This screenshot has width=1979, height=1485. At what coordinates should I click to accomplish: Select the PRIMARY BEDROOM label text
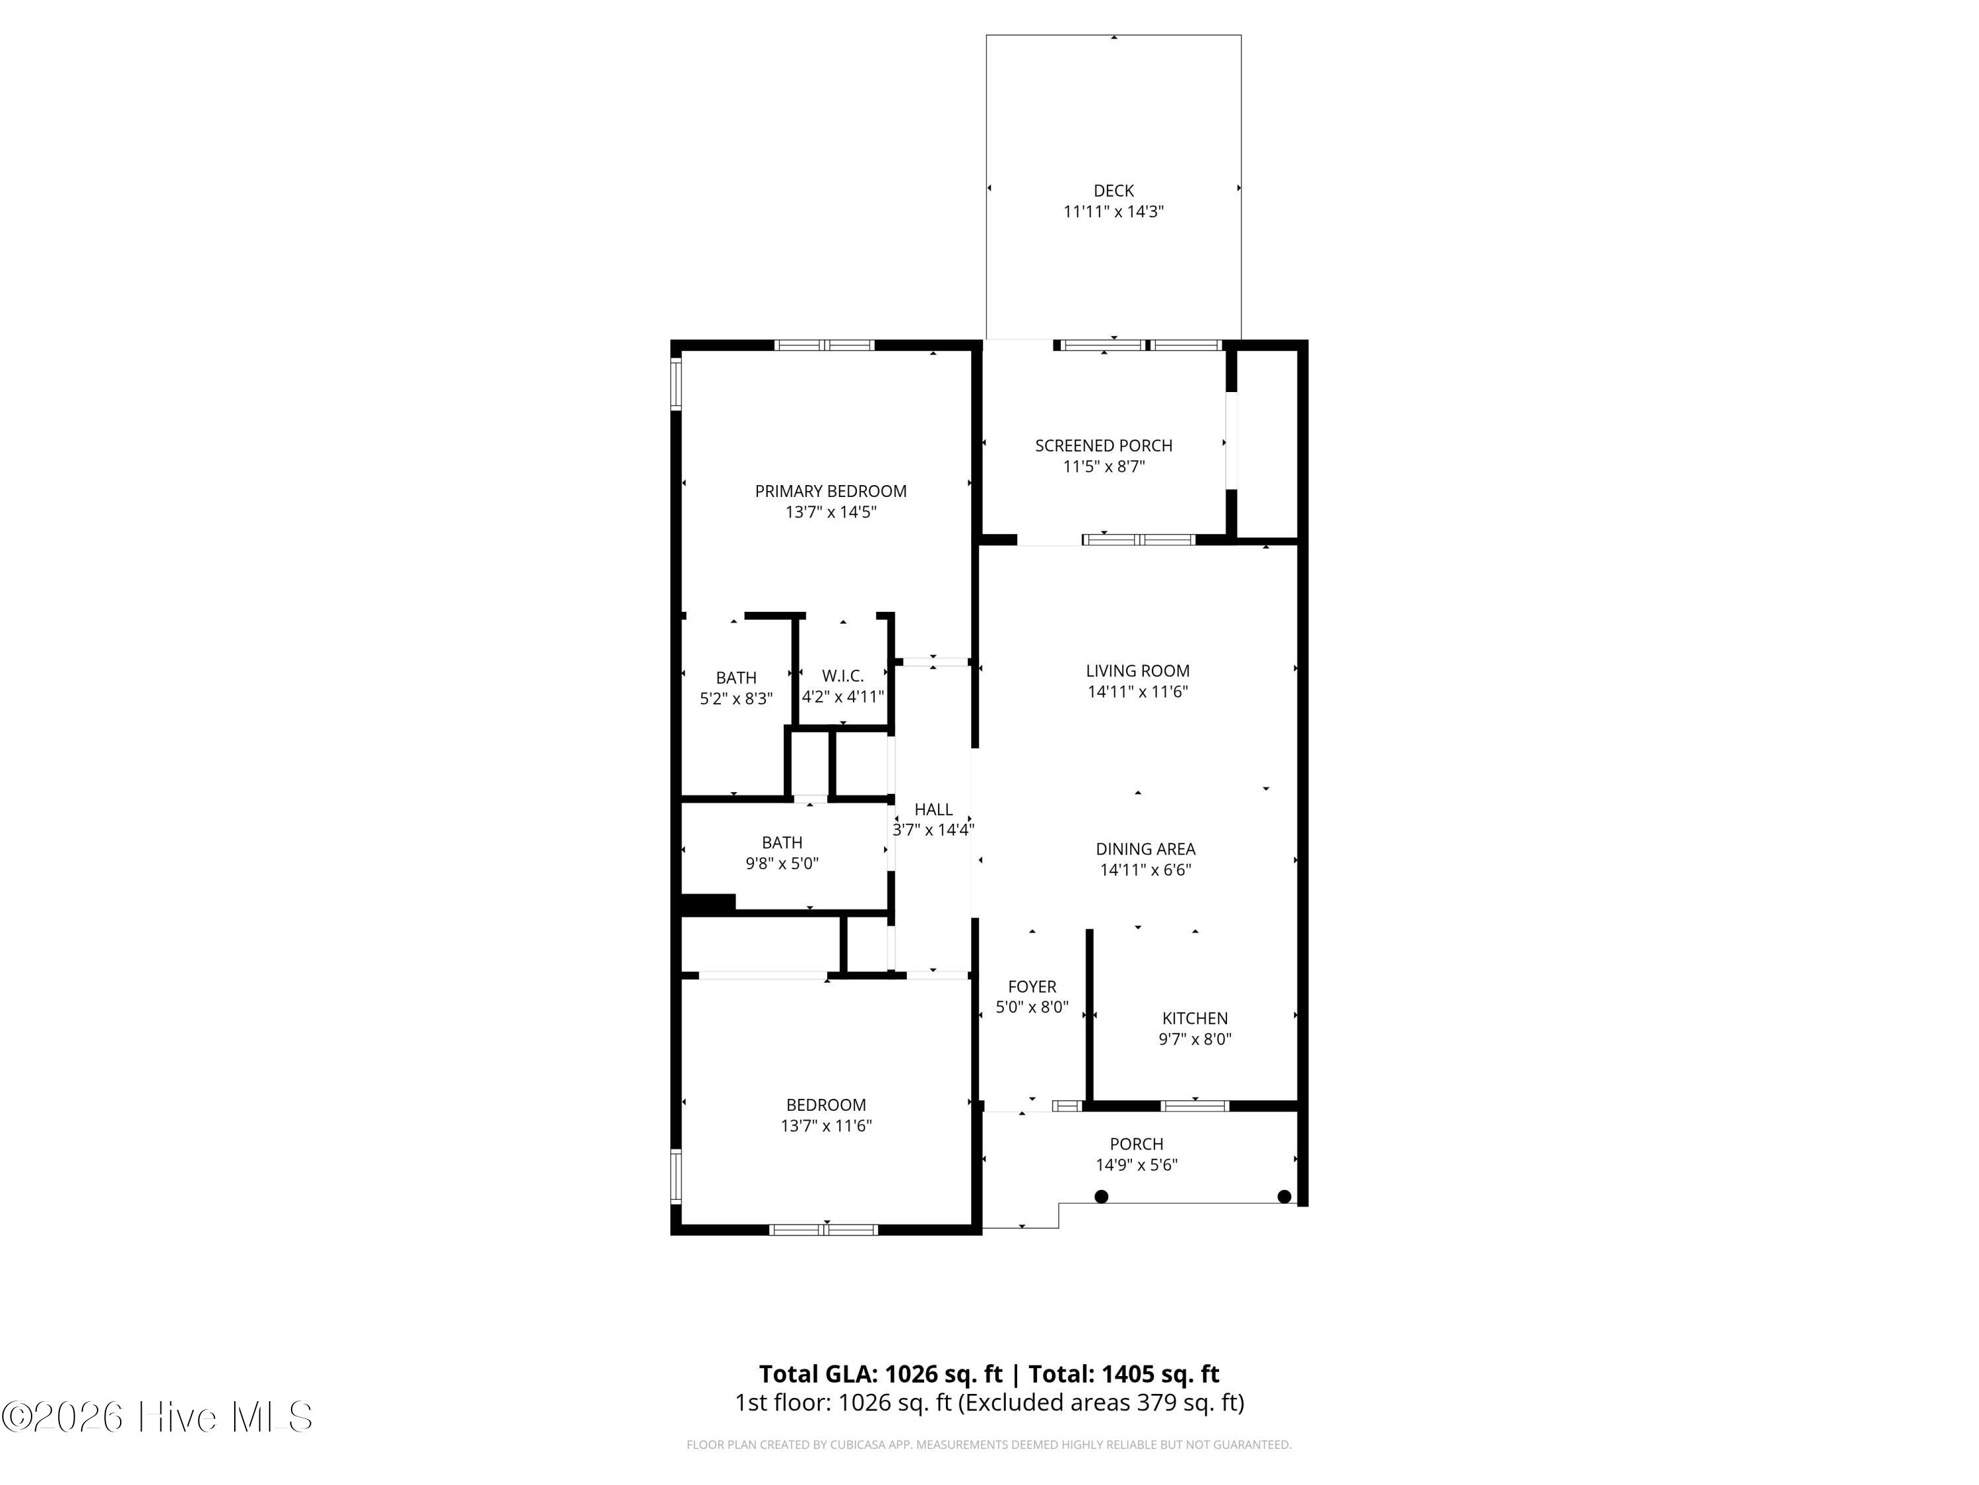click(x=831, y=492)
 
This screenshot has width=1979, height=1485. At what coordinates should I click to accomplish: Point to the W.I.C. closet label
click(x=843, y=676)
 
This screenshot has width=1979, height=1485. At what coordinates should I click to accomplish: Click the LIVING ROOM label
click(x=1137, y=671)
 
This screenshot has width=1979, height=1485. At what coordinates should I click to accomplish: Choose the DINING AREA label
click(x=1145, y=849)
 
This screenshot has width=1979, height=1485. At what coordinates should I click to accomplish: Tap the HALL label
click(x=933, y=809)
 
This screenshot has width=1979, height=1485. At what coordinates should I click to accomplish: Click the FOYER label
click(x=1032, y=987)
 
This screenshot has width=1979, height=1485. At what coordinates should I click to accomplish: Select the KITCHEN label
click(x=1195, y=1018)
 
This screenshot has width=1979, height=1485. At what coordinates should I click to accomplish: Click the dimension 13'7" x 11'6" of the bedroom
click(x=826, y=1126)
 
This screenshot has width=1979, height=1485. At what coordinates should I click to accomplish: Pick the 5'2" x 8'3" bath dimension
click(x=736, y=699)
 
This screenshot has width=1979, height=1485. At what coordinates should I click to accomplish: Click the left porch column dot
click(x=1102, y=1197)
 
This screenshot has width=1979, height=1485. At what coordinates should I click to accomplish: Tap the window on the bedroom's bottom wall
click(x=823, y=1230)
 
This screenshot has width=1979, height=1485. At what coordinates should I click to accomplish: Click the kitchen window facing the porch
click(x=1195, y=1106)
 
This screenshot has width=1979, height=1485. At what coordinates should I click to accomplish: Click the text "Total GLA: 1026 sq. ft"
click(x=881, y=1374)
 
